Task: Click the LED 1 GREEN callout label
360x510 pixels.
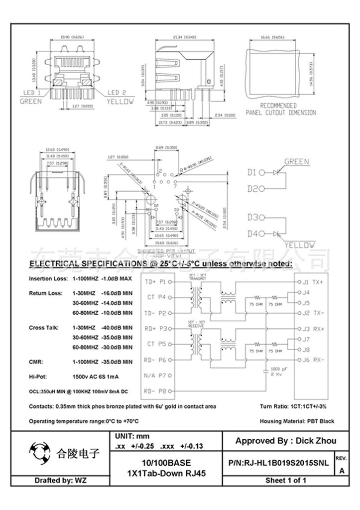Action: (x=31, y=97)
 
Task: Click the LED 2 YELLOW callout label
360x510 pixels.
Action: (x=120, y=97)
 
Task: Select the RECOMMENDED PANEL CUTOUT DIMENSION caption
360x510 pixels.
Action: (x=280, y=109)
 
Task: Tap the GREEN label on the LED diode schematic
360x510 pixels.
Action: (x=297, y=161)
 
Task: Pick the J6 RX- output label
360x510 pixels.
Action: (x=313, y=360)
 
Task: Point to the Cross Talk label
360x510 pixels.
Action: (x=44, y=328)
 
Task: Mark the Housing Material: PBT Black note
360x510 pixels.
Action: (x=297, y=421)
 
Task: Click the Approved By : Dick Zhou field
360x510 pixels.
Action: (x=285, y=441)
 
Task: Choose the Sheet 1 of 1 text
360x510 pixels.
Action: (x=285, y=481)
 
